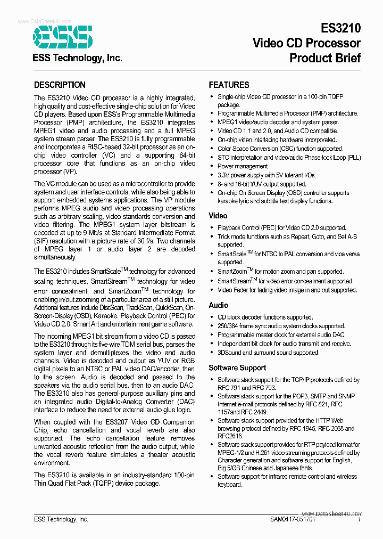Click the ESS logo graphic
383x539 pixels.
[63, 36]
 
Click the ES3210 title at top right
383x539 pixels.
[340, 28]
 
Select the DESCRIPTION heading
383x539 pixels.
[60, 85]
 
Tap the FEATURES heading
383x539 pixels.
[229, 85]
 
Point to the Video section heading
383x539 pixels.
[218, 216]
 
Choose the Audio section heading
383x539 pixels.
[219, 305]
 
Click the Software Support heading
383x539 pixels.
[237, 367]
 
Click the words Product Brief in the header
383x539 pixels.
[325, 58]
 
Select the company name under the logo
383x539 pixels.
[78, 58]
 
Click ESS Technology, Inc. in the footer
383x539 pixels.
[61, 519]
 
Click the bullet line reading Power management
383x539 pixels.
[243, 166]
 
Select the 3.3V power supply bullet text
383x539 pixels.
[266, 175]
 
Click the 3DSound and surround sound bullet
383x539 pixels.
[268, 353]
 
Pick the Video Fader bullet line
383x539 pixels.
[287, 290]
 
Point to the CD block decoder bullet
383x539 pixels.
[265, 317]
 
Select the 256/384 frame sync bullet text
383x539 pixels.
[281, 326]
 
